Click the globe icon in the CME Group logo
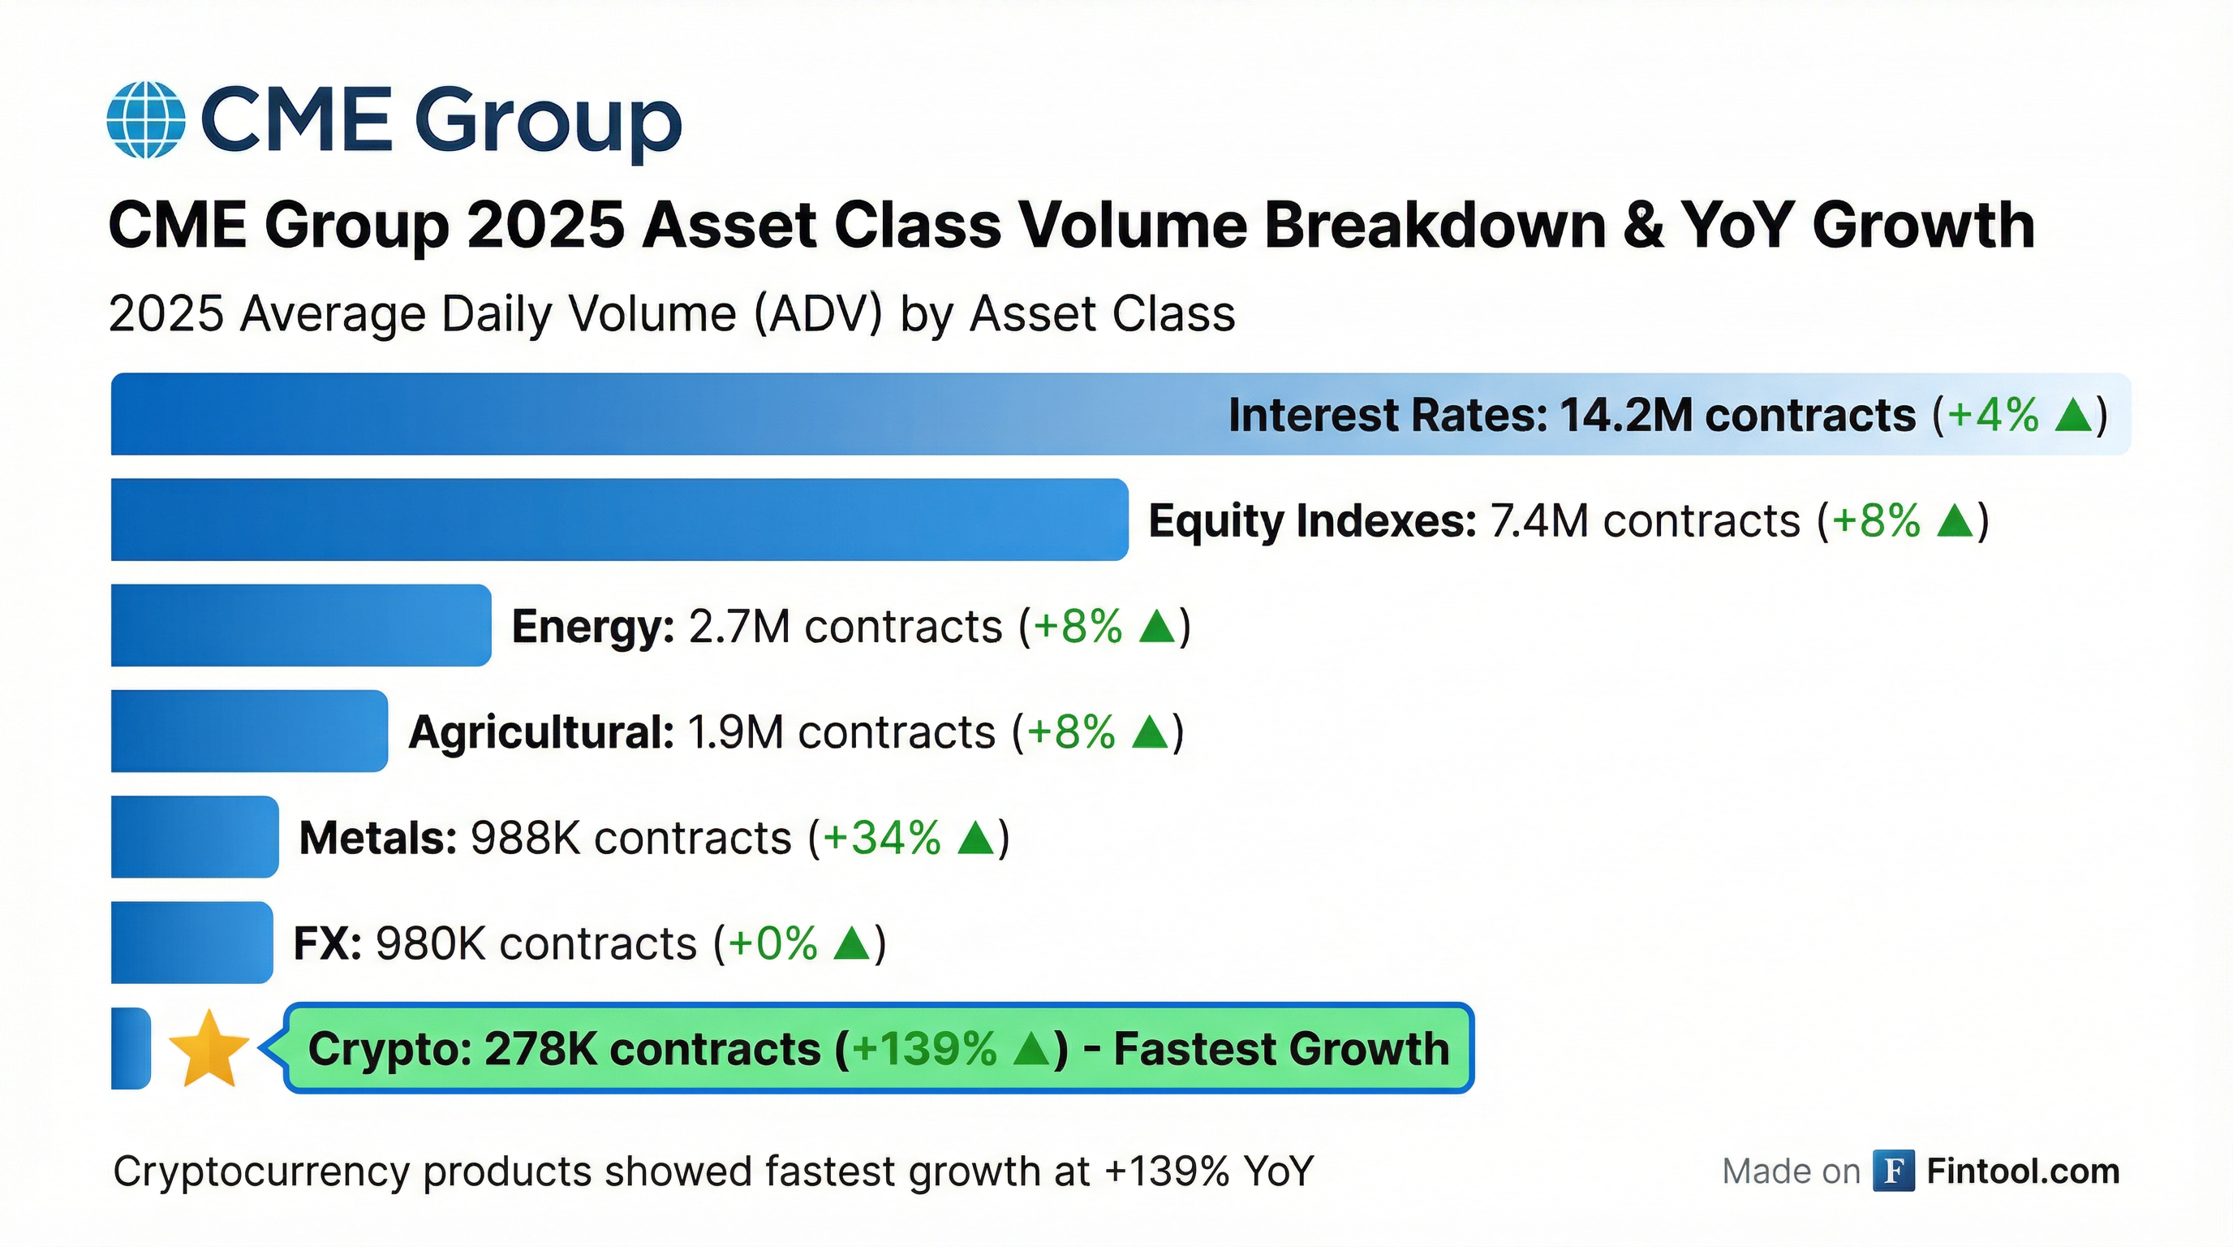[x=145, y=119]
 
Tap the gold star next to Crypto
[x=208, y=1049]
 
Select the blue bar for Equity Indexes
[x=619, y=519]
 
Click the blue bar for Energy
[x=300, y=625]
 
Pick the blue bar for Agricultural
[x=249, y=731]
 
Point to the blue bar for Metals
[x=194, y=837]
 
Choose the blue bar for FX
[x=191, y=943]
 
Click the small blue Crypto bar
[x=130, y=1048]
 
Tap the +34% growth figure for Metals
[x=881, y=838]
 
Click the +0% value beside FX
[x=773, y=943]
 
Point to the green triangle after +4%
[x=2074, y=415]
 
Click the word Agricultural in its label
[x=541, y=732]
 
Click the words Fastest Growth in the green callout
[x=1281, y=1048]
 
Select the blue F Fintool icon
[x=1893, y=1171]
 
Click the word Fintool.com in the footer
[x=2023, y=1171]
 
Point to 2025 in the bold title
[x=545, y=226]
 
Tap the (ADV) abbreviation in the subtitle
[x=818, y=313]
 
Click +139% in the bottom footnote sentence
[x=1167, y=1171]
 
